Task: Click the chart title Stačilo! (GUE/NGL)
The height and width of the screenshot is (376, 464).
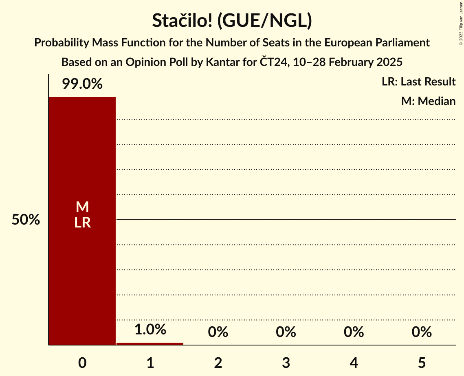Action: (232, 21)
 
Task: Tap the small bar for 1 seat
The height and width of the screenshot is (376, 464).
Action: (150, 343)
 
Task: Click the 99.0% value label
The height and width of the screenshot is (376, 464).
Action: (82, 84)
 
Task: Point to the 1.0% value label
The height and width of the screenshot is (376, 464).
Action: (150, 329)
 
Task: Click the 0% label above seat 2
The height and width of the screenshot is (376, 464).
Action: (218, 332)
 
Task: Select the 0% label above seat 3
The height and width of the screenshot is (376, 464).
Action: (286, 332)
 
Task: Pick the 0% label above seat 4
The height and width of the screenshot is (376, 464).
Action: (354, 332)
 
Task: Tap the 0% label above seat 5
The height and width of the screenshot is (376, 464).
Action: (422, 332)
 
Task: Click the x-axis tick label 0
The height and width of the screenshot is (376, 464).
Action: (82, 363)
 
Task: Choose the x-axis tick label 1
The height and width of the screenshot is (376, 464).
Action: (150, 363)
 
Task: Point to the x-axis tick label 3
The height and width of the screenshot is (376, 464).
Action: (286, 363)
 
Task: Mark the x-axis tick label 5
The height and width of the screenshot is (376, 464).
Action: (422, 363)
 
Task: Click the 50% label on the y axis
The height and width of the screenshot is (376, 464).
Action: (26, 220)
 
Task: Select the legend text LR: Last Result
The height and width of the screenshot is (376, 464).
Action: (418, 82)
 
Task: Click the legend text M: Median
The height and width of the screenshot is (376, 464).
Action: (428, 101)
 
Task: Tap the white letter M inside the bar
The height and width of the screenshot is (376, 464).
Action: (82, 207)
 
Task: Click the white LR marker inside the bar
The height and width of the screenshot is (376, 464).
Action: (82, 223)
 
